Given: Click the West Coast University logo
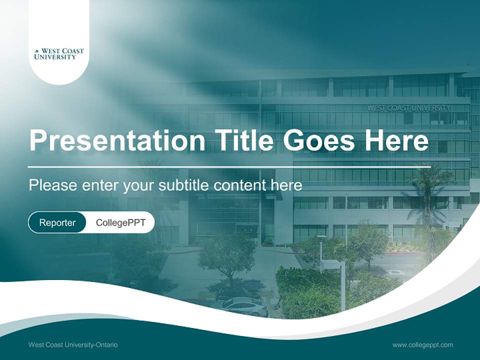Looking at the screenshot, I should click(59, 54).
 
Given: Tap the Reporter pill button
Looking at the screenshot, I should click(57, 222).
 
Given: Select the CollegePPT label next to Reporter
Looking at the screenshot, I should click(120, 222).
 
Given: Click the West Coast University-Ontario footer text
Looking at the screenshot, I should click(73, 344).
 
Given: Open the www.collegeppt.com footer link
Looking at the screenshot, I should click(422, 344).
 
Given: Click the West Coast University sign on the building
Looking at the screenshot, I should click(408, 108).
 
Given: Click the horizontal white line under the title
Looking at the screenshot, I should click(229, 166).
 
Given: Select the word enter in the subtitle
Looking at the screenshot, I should click(99, 185).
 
